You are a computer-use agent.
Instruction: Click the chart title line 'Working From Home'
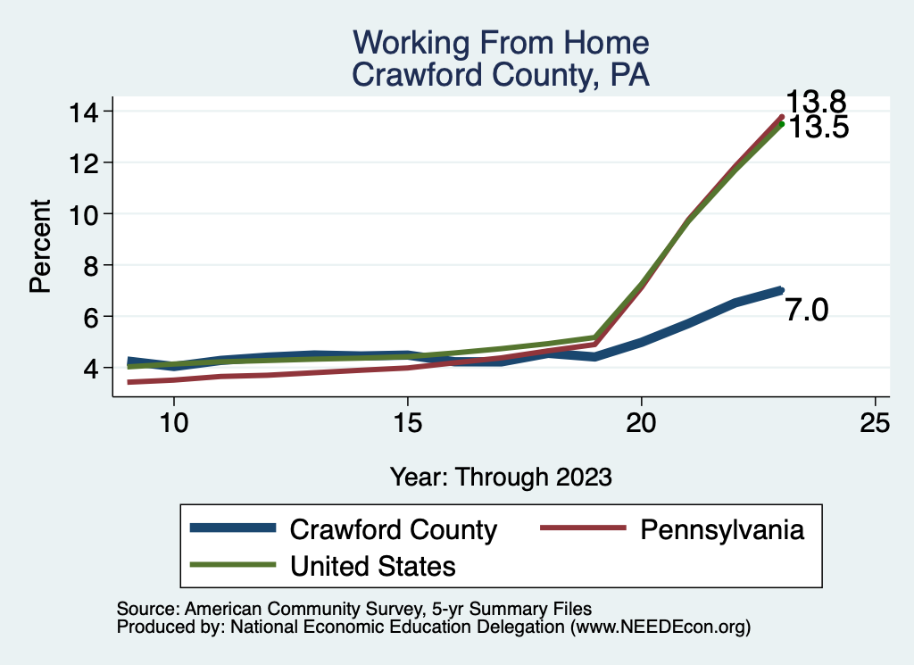[501, 42]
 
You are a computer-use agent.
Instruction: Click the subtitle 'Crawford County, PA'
[501, 74]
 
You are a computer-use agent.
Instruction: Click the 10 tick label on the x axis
[173, 423]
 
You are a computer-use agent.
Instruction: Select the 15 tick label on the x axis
[407, 423]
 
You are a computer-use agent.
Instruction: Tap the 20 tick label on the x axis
[642, 423]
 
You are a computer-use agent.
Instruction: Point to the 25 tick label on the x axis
[876, 423]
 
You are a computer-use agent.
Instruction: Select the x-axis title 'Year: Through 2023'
[501, 477]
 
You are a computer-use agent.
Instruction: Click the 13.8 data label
[816, 102]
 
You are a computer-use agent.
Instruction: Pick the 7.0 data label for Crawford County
[808, 311]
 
